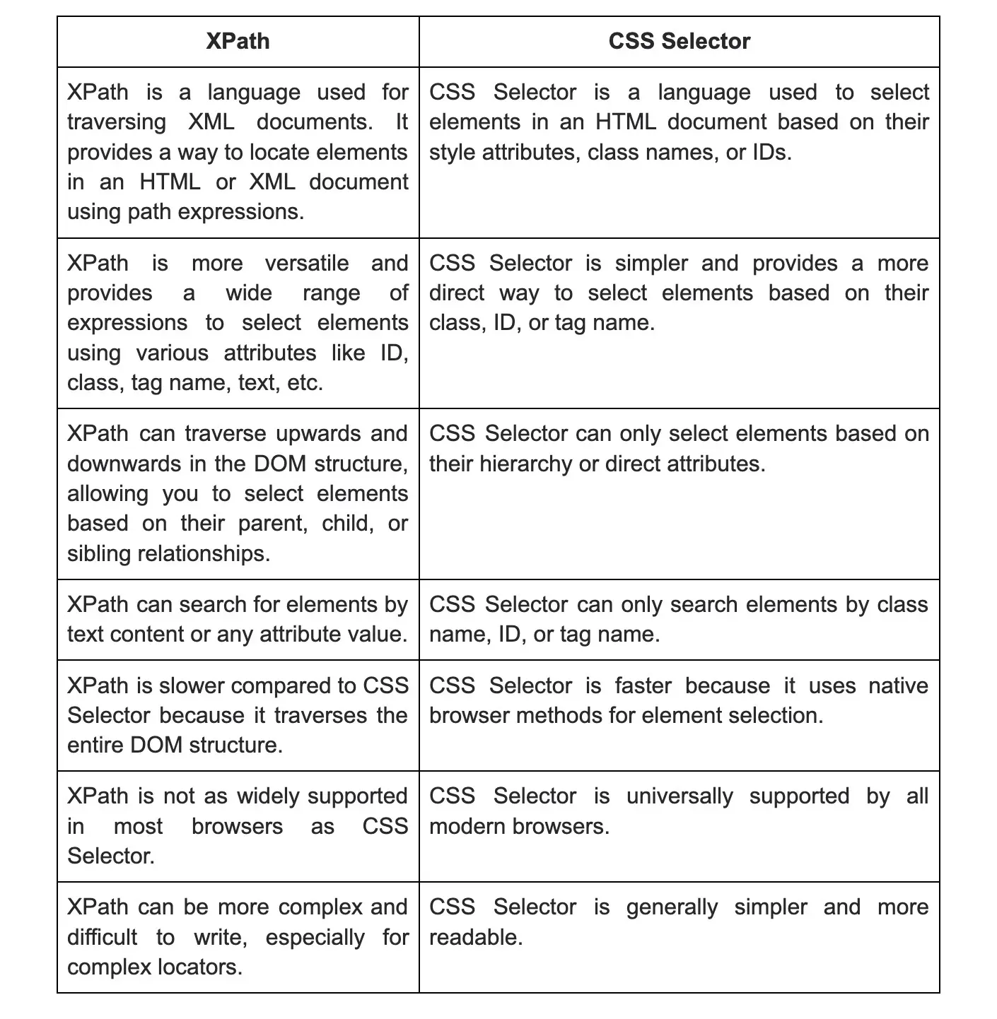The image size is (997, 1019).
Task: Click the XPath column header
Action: tap(238, 41)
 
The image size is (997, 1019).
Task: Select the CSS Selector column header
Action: tap(679, 41)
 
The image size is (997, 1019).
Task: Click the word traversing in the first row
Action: tap(117, 122)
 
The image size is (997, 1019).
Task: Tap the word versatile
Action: tap(307, 264)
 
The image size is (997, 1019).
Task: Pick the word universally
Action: tap(680, 796)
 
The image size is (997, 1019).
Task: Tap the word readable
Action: tap(474, 938)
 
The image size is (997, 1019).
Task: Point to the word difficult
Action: tap(102, 938)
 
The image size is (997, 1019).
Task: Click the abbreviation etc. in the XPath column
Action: tap(305, 383)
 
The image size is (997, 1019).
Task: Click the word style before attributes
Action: tap(453, 153)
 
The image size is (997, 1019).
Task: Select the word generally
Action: tap(672, 907)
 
